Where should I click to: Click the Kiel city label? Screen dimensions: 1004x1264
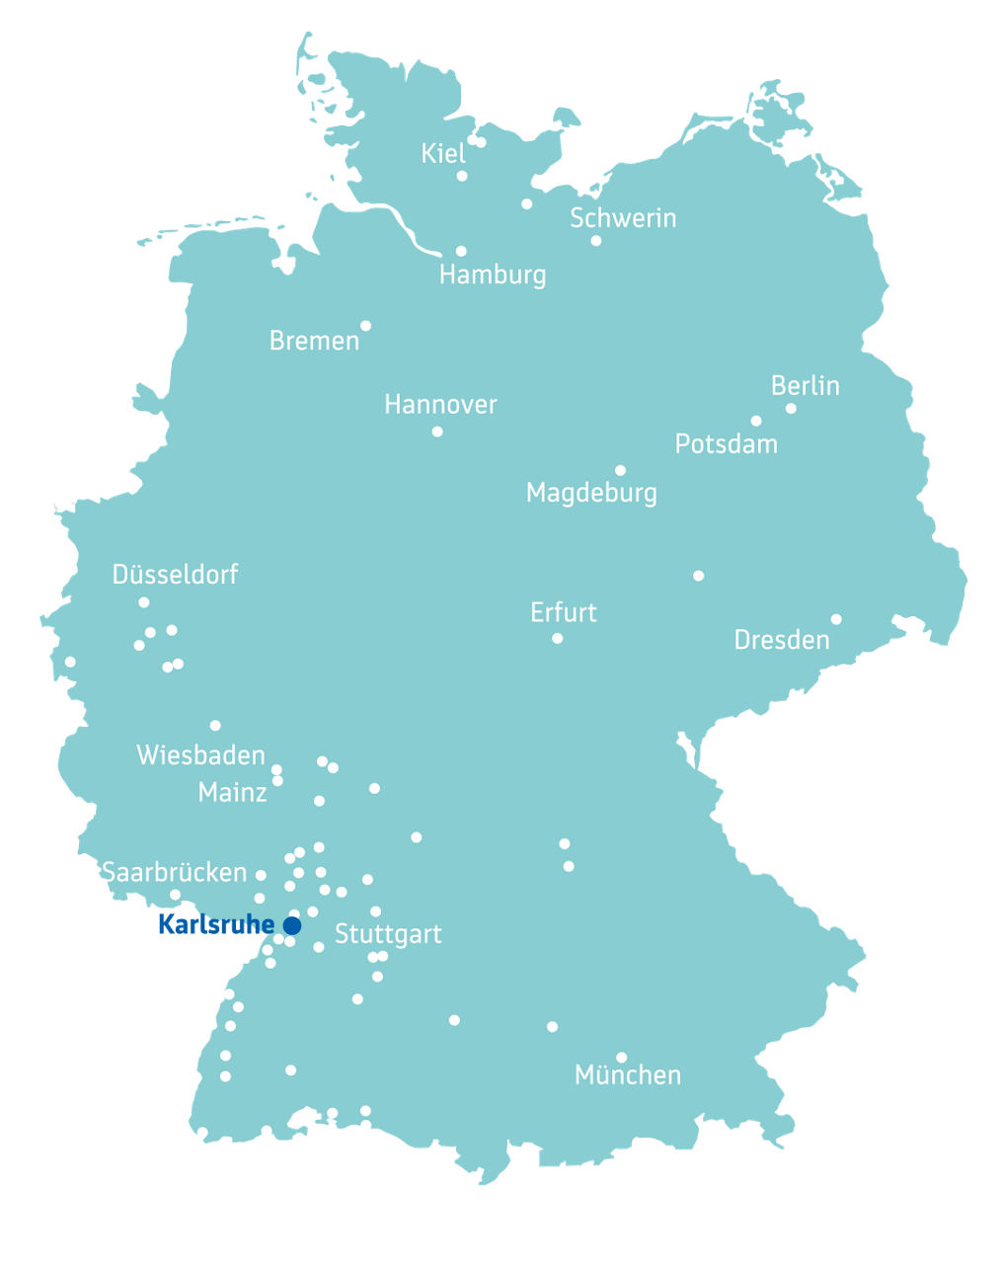(x=443, y=153)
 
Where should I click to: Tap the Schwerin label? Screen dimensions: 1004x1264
(x=623, y=218)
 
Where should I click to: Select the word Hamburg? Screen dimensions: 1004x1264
(x=493, y=275)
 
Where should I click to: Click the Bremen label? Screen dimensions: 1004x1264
(x=314, y=341)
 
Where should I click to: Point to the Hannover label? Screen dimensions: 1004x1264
(x=440, y=404)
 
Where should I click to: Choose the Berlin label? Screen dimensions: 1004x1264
(x=805, y=385)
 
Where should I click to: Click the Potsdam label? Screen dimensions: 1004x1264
(x=726, y=444)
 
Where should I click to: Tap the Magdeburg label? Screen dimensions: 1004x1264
(x=591, y=493)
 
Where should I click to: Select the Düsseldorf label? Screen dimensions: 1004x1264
(x=175, y=574)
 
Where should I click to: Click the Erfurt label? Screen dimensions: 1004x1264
(x=563, y=612)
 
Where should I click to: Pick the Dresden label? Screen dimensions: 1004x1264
(x=781, y=640)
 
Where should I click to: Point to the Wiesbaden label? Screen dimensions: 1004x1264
(x=200, y=755)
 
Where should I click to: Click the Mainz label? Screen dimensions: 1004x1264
(x=232, y=792)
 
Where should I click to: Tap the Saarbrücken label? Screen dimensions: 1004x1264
(x=174, y=872)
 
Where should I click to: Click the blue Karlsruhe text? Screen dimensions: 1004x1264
(x=215, y=925)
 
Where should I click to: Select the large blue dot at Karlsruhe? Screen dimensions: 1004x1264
(x=292, y=925)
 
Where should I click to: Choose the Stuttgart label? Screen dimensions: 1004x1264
(x=388, y=934)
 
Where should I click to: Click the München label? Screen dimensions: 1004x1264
(x=627, y=1074)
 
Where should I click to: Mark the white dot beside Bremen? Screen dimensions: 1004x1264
(x=365, y=326)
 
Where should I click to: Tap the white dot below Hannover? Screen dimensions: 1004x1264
(x=437, y=432)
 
